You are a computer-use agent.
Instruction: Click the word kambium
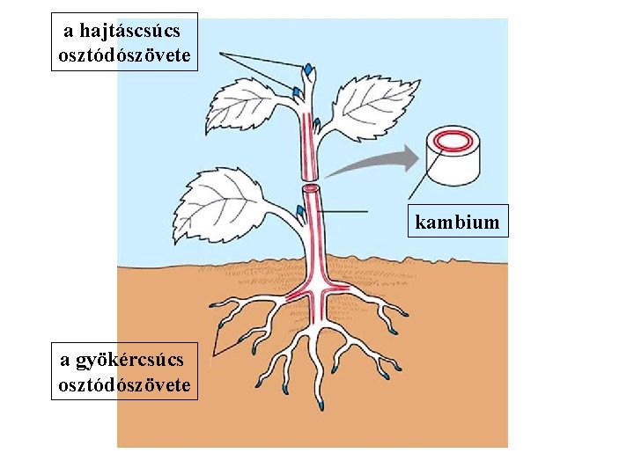(x=457, y=222)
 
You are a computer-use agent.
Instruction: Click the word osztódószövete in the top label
(x=124, y=55)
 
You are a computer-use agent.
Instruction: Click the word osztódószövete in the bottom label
(x=124, y=384)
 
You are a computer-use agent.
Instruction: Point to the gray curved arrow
(x=379, y=163)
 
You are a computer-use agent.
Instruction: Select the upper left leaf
(x=246, y=104)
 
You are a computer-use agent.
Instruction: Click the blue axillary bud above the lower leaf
(x=301, y=211)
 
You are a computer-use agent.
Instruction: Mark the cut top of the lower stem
(x=312, y=188)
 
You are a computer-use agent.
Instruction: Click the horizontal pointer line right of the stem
(x=343, y=212)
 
